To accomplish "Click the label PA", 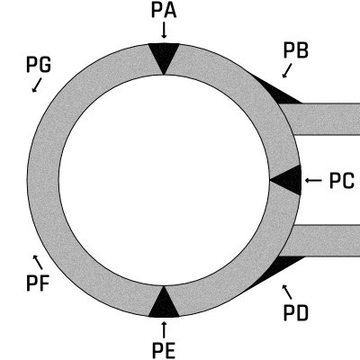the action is [164, 11].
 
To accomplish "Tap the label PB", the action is [296, 50].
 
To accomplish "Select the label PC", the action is [342, 181].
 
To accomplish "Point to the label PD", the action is [296, 313].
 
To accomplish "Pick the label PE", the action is [164, 351].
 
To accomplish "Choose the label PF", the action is [38, 283].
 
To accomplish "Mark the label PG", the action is [39, 65].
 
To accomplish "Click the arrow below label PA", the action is [164, 31].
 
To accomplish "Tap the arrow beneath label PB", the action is [287, 70].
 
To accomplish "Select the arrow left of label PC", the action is [313, 180].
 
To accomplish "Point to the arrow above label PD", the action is [287, 292].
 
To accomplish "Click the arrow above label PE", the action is [164, 329].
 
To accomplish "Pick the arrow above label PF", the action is [38, 262].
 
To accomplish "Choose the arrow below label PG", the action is [37, 85].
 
